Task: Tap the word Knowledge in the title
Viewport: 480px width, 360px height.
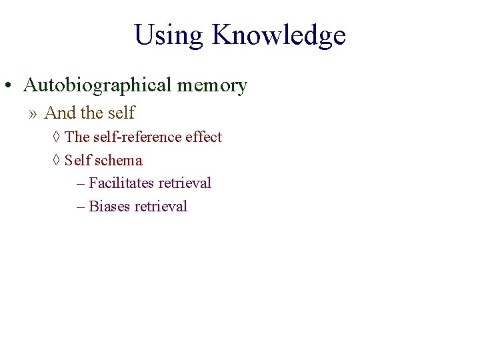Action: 279,35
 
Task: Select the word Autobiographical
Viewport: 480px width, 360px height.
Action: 97,85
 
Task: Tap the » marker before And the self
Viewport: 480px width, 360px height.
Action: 33,113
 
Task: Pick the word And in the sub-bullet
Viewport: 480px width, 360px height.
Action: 59,113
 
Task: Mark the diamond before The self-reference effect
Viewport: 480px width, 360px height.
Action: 56,137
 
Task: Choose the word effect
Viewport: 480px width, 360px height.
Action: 204,137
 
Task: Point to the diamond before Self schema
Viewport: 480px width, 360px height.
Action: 56,161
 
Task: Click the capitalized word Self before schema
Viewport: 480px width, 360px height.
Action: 78,161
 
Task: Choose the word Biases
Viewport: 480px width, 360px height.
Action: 109,207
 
